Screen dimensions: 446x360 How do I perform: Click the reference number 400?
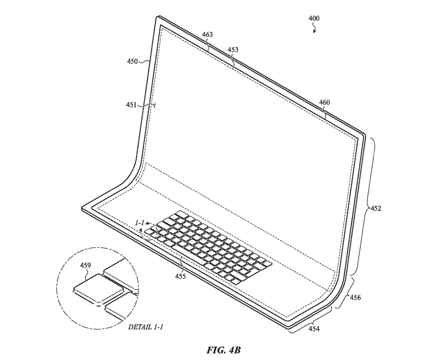(x=314, y=18)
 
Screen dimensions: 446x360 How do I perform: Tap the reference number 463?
(x=208, y=34)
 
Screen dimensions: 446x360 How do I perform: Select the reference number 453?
(x=233, y=50)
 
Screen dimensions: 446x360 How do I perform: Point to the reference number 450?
(x=132, y=61)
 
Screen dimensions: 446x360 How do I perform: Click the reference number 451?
(x=131, y=105)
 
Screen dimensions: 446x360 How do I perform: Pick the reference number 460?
(x=325, y=102)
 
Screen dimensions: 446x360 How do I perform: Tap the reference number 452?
(x=376, y=209)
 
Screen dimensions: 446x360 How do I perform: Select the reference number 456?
(x=355, y=297)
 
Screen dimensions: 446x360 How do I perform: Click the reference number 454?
(x=314, y=329)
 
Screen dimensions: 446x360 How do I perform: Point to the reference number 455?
(x=180, y=276)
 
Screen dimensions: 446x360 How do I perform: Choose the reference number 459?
(x=85, y=265)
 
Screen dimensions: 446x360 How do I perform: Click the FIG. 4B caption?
(x=224, y=350)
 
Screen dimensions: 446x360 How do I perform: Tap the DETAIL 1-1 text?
(x=146, y=327)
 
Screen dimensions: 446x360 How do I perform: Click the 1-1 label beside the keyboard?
(x=139, y=223)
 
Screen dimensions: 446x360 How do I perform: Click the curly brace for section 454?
(x=310, y=320)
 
